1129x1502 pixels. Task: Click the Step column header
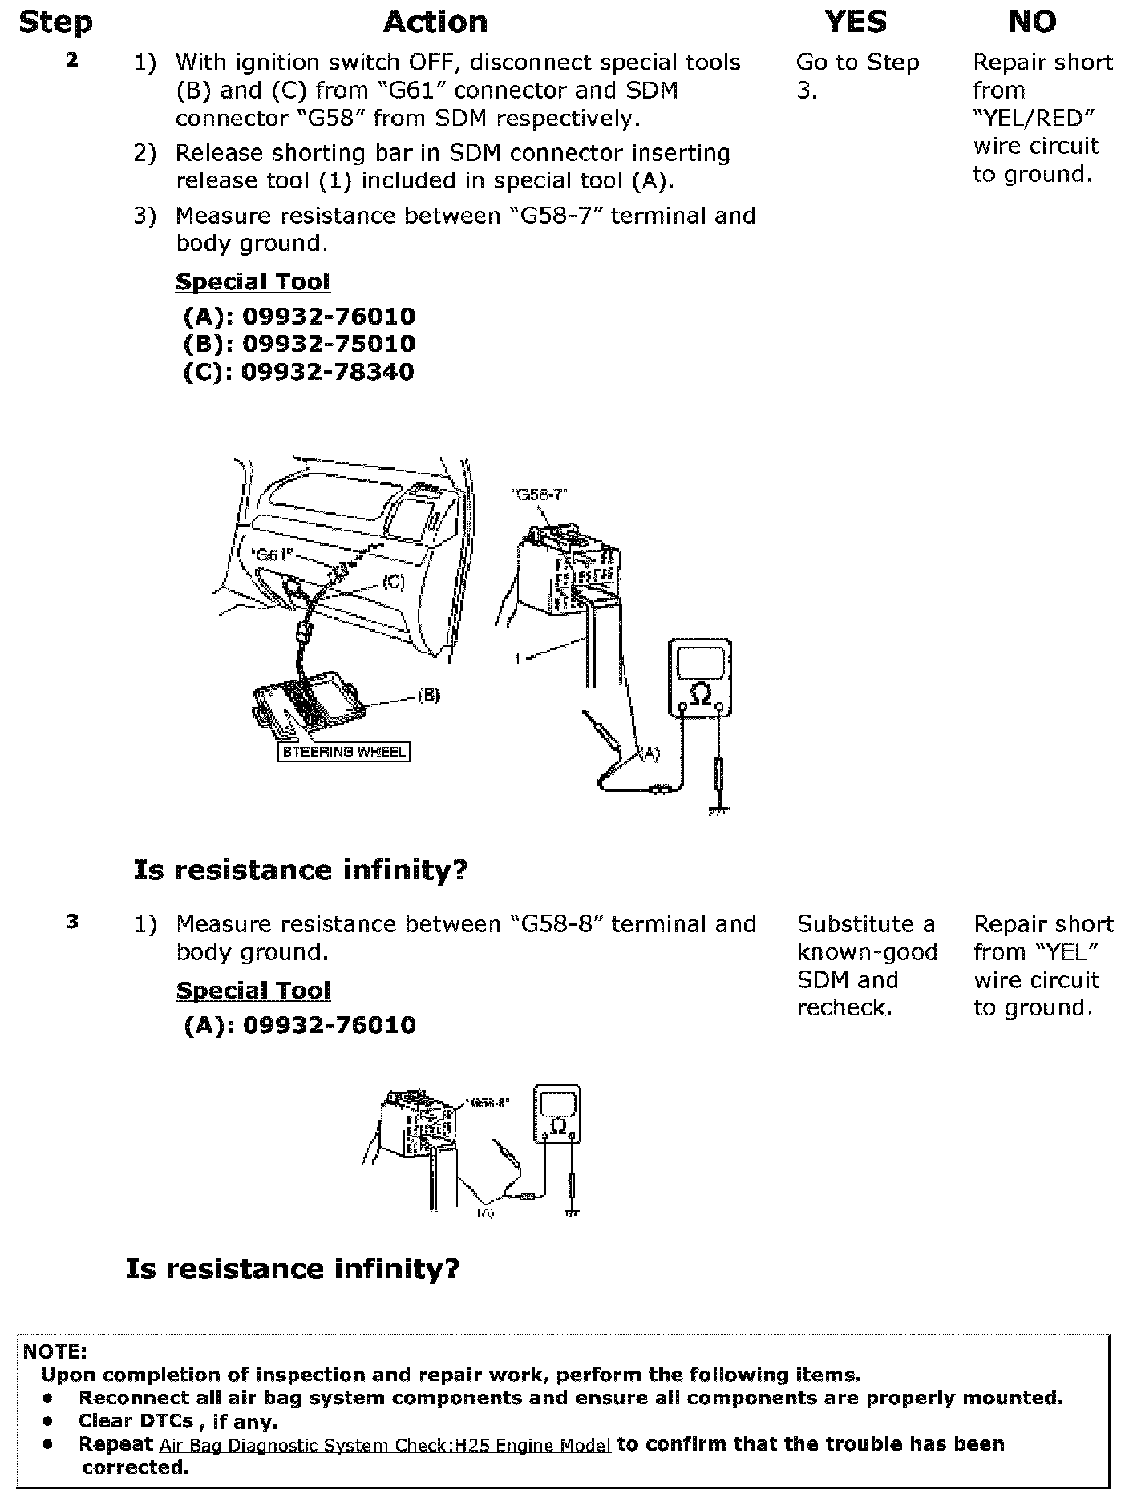pos(55,22)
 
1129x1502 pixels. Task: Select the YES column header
pos(856,22)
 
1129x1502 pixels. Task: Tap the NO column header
pos(1032,22)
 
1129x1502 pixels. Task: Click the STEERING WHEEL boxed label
pos(343,752)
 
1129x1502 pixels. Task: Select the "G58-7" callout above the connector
pos(539,495)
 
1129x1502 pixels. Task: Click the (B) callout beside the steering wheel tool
pos(429,695)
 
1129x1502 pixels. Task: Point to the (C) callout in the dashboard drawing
pos(393,583)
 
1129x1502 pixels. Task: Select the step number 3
pos(72,922)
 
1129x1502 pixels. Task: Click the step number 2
pos(72,60)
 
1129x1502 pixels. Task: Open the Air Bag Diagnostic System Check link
pos(385,1445)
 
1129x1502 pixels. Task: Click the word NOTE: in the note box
pos(55,1352)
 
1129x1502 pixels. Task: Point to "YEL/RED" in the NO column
pos(1034,119)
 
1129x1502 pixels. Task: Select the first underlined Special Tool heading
pos(253,282)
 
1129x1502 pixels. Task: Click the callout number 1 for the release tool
pos(518,658)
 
